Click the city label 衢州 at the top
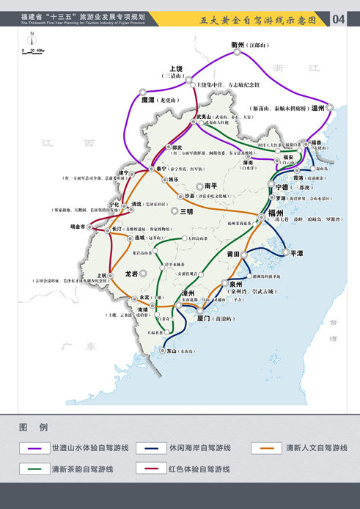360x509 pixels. [238, 45]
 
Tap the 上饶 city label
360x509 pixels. [176, 68]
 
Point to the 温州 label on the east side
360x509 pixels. [318, 107]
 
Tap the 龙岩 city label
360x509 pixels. [132, 274]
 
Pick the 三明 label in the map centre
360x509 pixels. [187, 211]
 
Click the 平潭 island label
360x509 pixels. [296, 253]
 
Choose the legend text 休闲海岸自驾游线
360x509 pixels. [200, 447]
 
